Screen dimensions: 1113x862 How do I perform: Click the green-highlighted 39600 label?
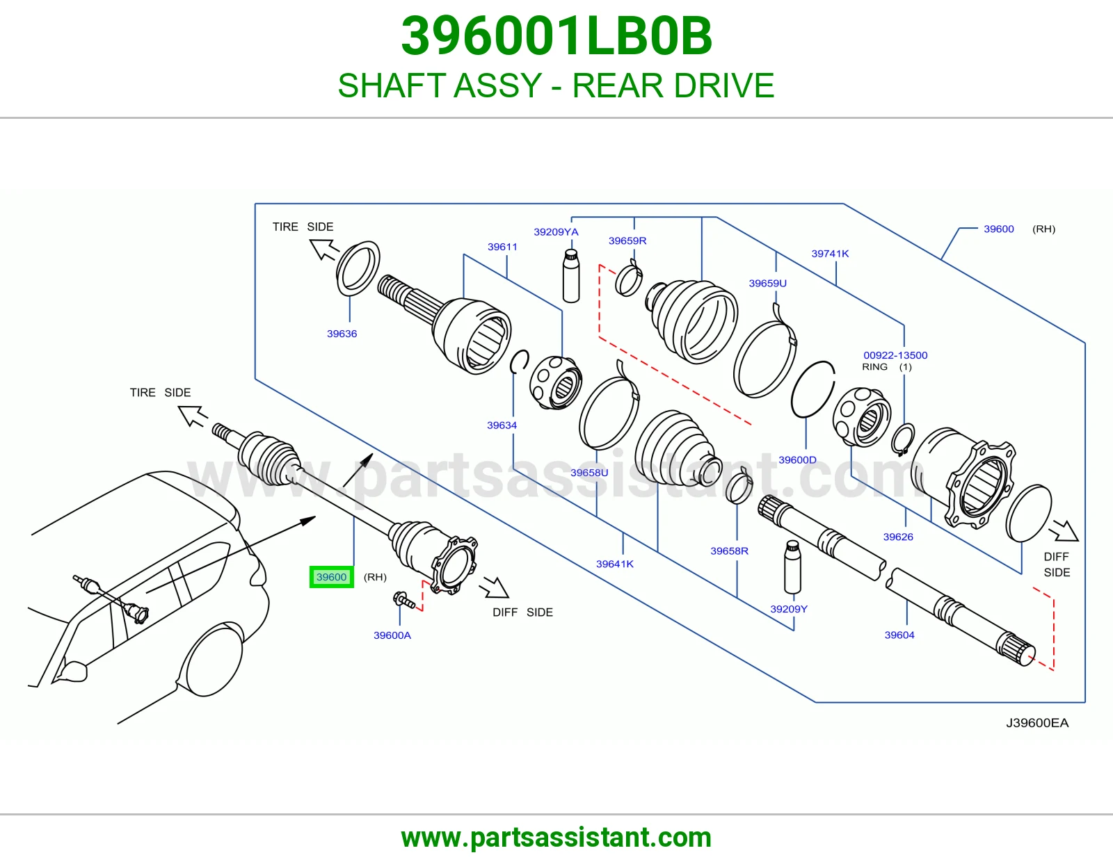click(x=331, y=577)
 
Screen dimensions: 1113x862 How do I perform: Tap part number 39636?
click(x=342, y=334)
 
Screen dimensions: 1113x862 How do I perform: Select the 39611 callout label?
click(x=502, y=247)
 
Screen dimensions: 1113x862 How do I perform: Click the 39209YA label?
click(x=556, y=232)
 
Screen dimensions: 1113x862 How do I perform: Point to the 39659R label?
click(x=627, y=241)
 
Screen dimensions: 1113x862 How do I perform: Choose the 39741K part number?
click(x=830, y=253)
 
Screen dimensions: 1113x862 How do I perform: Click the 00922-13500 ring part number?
click(x=895, y=355)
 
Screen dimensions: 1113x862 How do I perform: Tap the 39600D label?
click(x=797, y=460)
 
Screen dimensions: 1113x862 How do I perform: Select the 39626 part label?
click(x=898, y=537)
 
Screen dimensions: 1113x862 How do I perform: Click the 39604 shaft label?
click(x=899, y=635)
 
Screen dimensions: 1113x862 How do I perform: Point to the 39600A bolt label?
click(x=392, y=635)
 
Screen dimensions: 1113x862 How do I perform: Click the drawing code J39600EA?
click(x=1037, y=723)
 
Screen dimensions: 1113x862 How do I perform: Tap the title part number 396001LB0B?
click(x=556, y=36)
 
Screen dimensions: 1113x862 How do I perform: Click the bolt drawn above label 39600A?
click(x=403, y=599)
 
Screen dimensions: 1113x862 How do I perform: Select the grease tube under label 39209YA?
click(x=571, y=275)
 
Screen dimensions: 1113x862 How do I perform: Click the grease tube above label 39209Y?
click(x=792, y=567)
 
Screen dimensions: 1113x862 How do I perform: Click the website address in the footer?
click(x=556, y=838)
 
